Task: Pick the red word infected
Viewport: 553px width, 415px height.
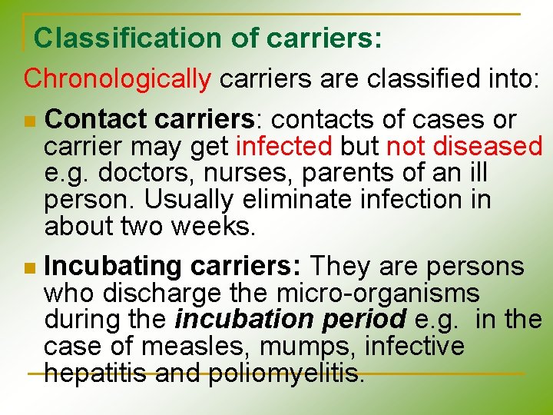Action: point(284,146)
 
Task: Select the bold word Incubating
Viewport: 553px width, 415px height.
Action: point(113,267)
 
